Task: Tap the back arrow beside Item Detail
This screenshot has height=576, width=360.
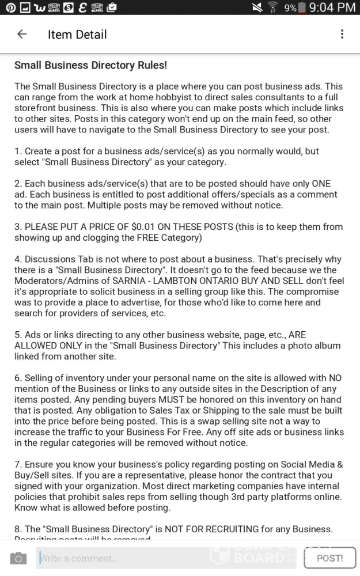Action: click(x=22, y=34)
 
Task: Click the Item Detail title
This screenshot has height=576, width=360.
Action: click(x=77, y=35)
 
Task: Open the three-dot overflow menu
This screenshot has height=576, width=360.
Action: click(x=342, y=34)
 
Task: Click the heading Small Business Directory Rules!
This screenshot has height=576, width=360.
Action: click(x=90, y=66)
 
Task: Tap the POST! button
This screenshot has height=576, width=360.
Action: click(x=329, y=558)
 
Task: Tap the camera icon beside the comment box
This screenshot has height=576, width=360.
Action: click(x=18, y=558)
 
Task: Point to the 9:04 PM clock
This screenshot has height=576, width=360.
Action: click(x=332, y=7)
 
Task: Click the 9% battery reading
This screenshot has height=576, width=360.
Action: click(x=290, y=8)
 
